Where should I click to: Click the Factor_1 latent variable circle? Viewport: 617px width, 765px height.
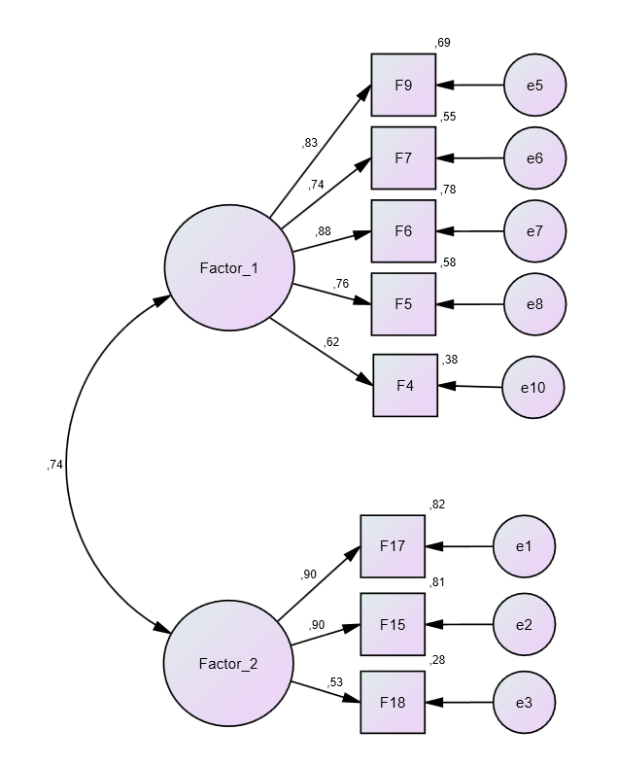point(228,268)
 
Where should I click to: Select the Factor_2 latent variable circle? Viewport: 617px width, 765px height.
point(228,664)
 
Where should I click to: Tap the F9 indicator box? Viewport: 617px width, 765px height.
point(403,86)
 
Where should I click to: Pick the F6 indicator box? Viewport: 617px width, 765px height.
point(403,231)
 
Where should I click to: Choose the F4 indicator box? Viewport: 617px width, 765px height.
point(405,385)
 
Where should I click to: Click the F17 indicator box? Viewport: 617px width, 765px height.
point(393,546)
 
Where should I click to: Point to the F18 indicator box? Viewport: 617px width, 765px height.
point(393,702)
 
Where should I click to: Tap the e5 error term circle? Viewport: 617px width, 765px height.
point(534,86)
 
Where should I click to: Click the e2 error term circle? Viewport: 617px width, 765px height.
point(524,624)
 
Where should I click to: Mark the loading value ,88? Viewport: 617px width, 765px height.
point(324,231)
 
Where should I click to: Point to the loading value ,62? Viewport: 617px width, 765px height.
point(331,341)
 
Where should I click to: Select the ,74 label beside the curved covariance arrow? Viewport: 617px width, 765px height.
point(54,466)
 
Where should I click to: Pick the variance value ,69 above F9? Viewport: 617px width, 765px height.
point(443,43)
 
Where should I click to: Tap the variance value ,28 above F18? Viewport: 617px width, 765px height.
point(436,660)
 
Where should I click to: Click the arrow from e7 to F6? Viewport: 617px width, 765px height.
point(470,231)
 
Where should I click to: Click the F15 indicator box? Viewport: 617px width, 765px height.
point(393,624)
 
